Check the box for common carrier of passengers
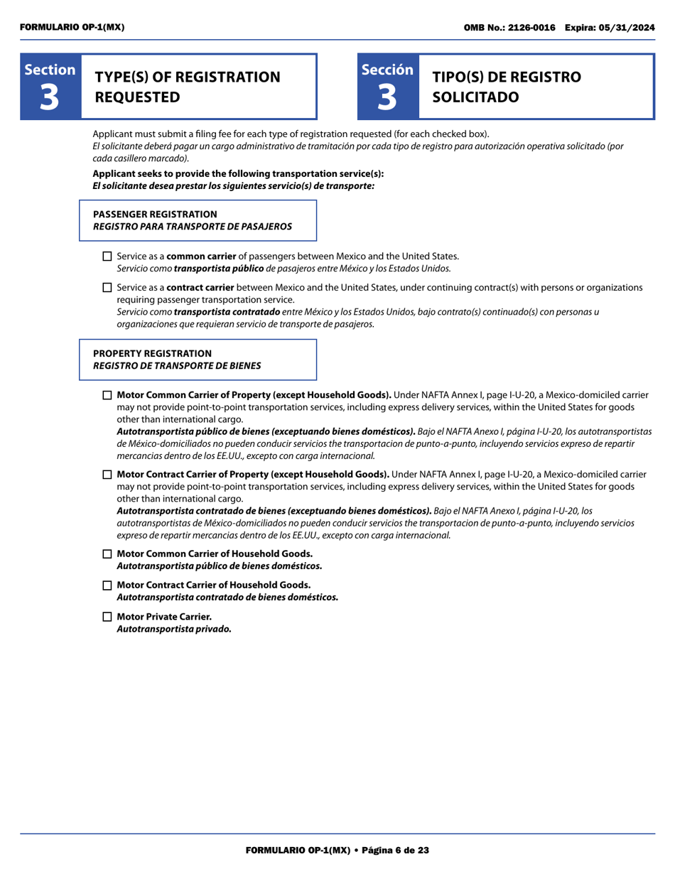pyautogui.click(x=107, y=257)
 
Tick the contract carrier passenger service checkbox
pyautogui.click(x=107, y=288)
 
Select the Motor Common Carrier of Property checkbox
pyautogui.click(x=107, y=395)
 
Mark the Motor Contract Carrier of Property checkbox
pyautogui.click(x=107, y=475)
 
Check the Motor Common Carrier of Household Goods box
pyautogui.click(x=107, y=554)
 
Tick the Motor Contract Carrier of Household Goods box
pyautogui.click(x=107, y=585)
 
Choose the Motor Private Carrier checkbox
pyautogui.click(x=107, y=616)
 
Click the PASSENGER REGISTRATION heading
pyautogui.click(x=155, y=214)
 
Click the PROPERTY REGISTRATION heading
pyautogui.click(x=152, y=353)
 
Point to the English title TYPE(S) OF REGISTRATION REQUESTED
pyautogui.click(x=188, y=87)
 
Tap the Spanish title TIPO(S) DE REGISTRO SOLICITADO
pyautogui.click(x=506, y=87)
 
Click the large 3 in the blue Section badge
pyautogui.click(x=50, y=97)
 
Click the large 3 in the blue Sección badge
pyautogui.click(x=387, y=97)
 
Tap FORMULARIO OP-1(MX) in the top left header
pyautogui.click(x=72, y=27)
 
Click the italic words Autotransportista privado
pyautogui.click(x=173, y=629)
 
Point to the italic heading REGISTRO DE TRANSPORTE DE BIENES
pyautogui.click(x=177, y=366)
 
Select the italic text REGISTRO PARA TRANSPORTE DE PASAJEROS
pyautogui.click(x=192, y=227)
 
